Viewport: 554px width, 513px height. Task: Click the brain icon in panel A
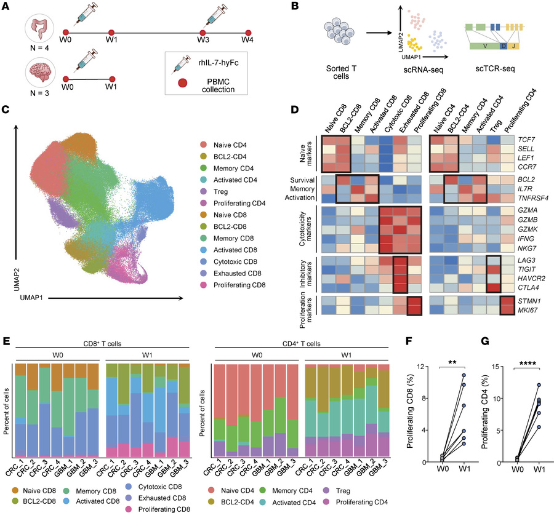pyautogui.click(x=39, y=73)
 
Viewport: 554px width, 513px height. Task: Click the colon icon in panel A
pyautogui.click(x=39, y=29)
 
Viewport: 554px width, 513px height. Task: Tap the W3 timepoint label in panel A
pyautogui.click(x=203, y=39)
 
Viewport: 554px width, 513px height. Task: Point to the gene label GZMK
pyautogui.click(x=528, y=229)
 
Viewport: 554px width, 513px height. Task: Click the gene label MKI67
pyautogui.click(x=528, y=311)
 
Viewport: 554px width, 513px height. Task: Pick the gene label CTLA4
pyautogui.click(x=528, y=287)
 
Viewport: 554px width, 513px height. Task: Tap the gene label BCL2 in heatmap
pyautogui.click(x=526, y=180)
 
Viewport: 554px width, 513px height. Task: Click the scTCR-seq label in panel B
pyautogui.click(x=495, y=68)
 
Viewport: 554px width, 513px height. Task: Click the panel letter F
pyautogui.click(x=409, y=341)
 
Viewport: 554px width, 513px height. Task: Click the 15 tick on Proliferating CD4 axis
pyautogui.click(x=496, y=367)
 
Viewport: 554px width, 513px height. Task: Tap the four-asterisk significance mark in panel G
pyautogui.click(x=527, y=364)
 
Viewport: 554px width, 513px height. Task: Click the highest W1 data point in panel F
pyautogui.click(x=464, y=375)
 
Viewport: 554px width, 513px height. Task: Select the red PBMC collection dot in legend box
pyautogui.click(x=182, y=83)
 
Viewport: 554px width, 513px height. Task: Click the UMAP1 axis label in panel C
pyautogui.click(x=31, y=298)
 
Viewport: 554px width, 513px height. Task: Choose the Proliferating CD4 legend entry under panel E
pyautogui.click(x=355, y=502)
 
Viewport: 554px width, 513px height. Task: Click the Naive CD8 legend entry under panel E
pyautogui.click(x=34, y=490)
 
